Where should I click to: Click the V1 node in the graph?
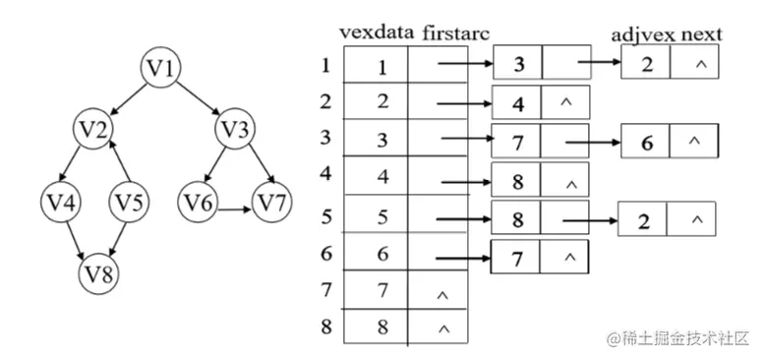click(x=162, y=68)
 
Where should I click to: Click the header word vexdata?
click(x=378, y=32)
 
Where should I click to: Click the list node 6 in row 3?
click(x=645, y=142)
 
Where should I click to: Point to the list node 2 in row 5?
click(x=643, y=219)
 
